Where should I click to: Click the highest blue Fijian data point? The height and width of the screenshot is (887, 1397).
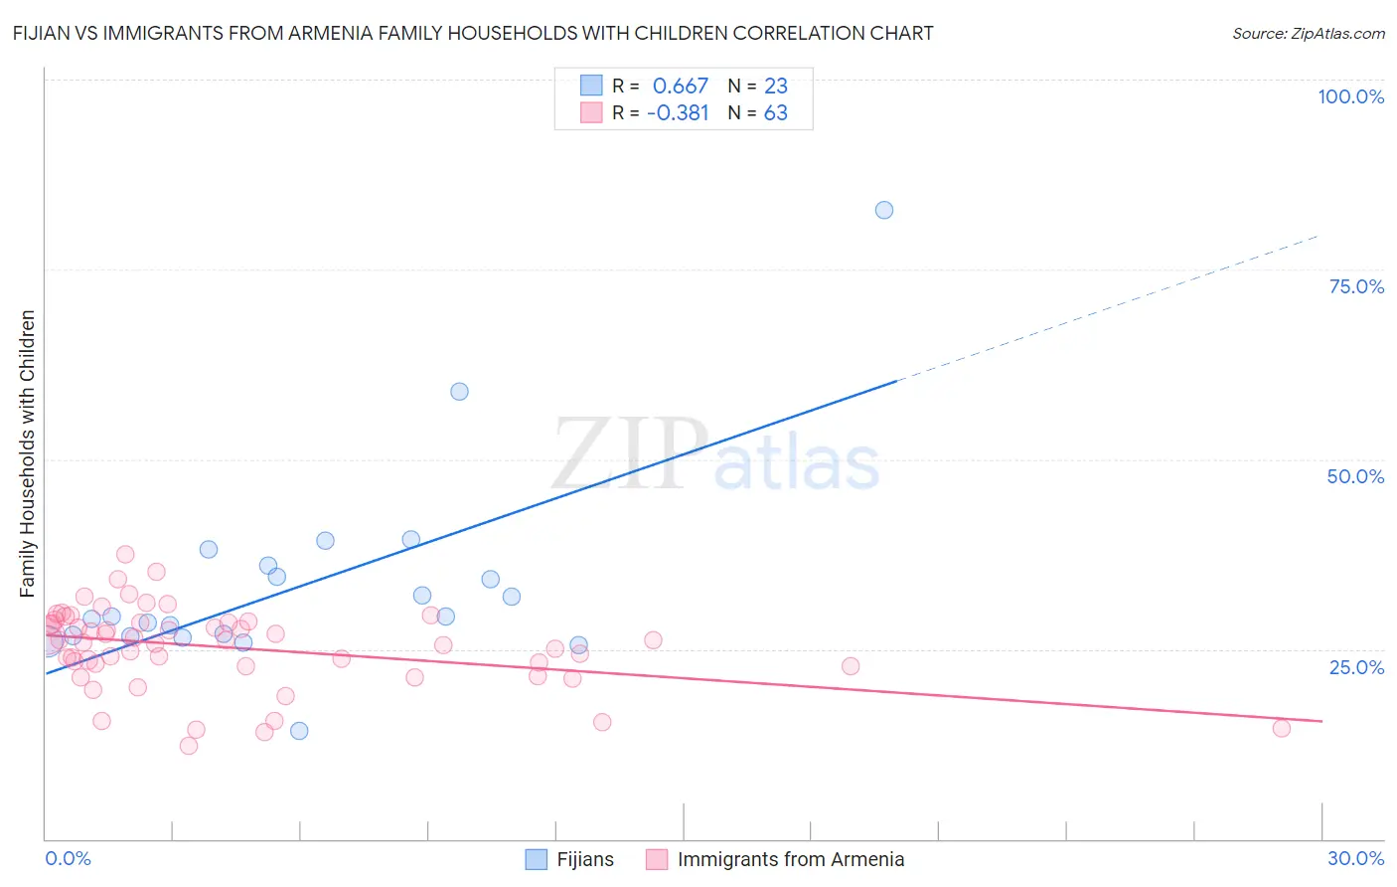coord(883,210)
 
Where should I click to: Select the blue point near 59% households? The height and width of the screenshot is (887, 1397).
coord(459,391)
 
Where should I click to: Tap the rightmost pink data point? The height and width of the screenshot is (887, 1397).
coord(1281,728)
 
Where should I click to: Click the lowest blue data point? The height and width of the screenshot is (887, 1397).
coord(299,731)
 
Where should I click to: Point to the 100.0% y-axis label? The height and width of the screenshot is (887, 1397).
coord(1350,96)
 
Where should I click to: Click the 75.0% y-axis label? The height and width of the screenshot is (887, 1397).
coord(1356,286)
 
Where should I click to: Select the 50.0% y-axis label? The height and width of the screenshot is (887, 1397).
coord(1355,476)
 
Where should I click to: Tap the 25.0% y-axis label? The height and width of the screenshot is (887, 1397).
coord(1356,666)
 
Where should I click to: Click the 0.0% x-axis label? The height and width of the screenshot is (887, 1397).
coord(68,858)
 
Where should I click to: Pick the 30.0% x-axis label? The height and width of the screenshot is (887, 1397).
coord(1355,858)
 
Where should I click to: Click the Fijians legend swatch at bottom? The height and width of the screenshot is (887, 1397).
coord(537,859)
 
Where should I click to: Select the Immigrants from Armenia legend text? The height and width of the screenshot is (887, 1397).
coord(790,859)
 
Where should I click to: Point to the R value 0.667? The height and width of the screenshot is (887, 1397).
coord(680,87)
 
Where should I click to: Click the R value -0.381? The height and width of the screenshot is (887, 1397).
coord(677,113)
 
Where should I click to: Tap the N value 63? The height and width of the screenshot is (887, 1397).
coord(775,113)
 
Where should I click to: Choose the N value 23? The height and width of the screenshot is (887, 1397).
coord(775,87)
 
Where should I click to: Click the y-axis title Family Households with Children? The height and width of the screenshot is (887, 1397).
coord(27,453)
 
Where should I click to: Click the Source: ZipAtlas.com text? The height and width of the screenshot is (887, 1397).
coord(1308,34)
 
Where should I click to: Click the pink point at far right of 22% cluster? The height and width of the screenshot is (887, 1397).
coord(851,666)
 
